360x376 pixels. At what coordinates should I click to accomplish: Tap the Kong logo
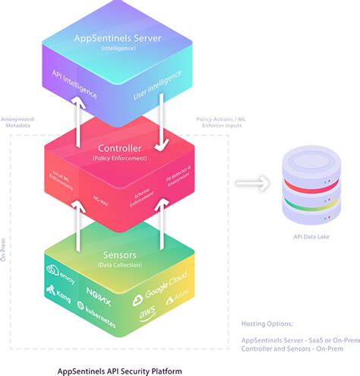[58, 292]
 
